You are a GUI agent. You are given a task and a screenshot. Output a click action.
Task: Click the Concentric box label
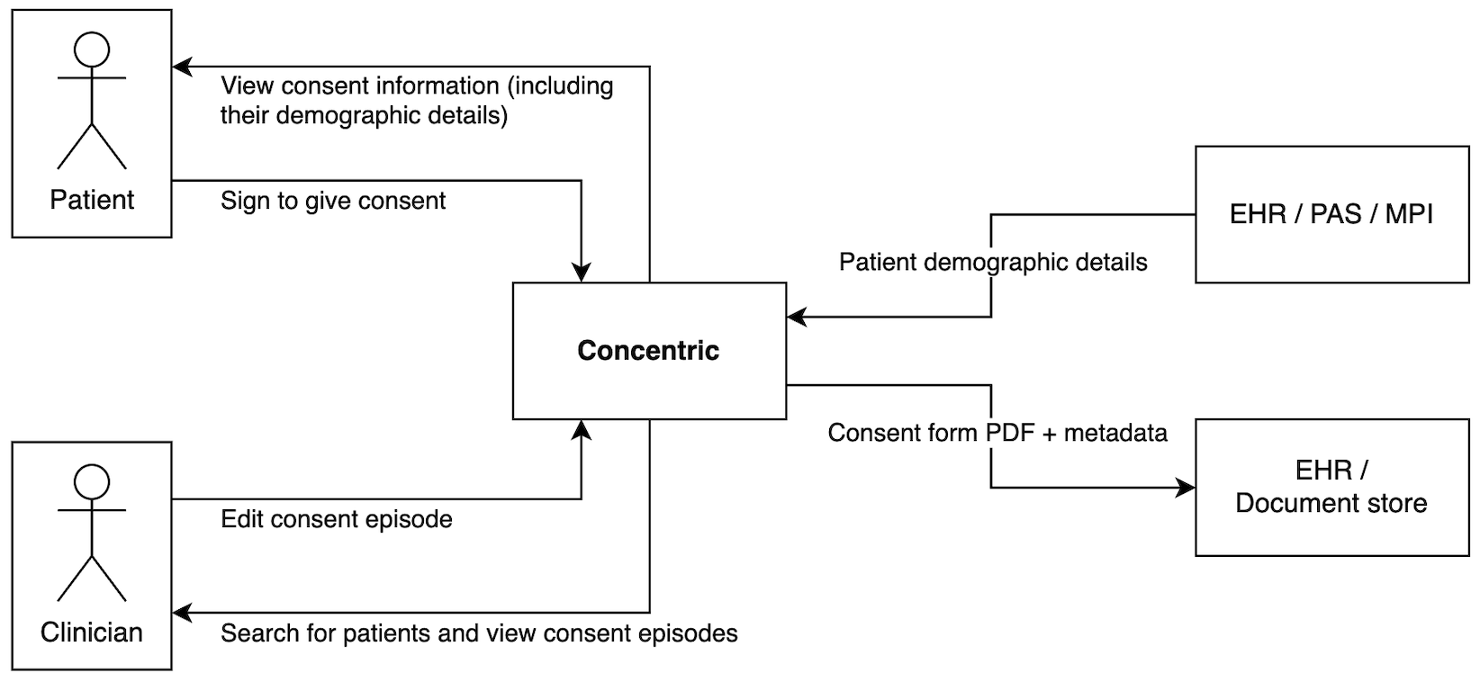pos(648,350)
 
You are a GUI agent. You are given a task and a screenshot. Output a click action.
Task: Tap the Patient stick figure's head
pos(91,49)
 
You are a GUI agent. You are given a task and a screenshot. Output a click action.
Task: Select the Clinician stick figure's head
pos(91,480)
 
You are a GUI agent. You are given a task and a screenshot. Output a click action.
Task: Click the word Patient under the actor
pos(92,200)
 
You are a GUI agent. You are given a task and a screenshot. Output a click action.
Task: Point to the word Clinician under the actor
pos(91,632)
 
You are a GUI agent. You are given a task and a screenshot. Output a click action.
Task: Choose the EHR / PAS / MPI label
pos(1331,215)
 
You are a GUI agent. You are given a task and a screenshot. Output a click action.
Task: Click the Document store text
pos(1331,502)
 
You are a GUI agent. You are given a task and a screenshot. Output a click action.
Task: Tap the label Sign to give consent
pos(333,200)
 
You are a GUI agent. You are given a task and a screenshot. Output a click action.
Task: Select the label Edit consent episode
pos(336,519)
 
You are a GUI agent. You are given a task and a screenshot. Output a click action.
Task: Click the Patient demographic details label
pos(993,262)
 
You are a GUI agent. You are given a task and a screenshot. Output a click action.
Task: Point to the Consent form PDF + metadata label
pos(997,433)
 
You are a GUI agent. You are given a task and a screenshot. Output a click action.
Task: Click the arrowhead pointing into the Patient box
pos(182,66)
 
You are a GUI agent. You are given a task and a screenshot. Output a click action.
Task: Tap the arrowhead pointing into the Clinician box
pos(182,613)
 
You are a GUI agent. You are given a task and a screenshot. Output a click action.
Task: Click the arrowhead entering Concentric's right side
pos(796,317)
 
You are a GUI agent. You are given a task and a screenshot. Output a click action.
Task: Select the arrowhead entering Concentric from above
pos(583,272)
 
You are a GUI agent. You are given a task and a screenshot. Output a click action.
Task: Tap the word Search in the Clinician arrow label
pos(252,633)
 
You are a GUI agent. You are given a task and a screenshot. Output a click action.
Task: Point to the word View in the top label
pos(247,86)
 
